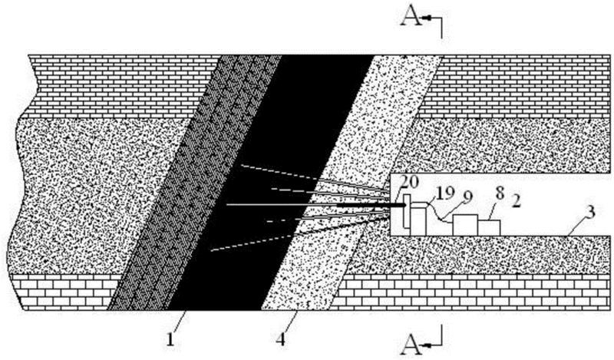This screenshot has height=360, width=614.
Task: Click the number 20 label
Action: point(409,182)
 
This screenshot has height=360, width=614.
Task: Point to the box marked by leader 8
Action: point(489,227)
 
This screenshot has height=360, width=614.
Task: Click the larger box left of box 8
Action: point(465,224)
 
